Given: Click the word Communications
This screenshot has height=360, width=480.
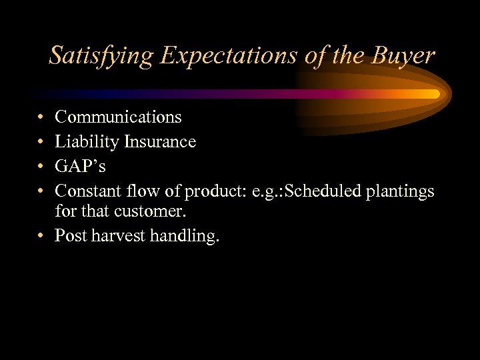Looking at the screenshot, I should pos(118,117).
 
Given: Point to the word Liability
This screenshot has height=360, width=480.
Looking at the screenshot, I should pos(85,142).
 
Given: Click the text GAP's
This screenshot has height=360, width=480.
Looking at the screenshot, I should pos(80,167).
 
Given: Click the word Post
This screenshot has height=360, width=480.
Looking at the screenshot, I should pos(71,236).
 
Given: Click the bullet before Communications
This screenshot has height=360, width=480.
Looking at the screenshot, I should pos(41,118).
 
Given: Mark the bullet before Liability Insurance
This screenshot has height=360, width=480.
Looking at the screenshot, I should pos(41,143).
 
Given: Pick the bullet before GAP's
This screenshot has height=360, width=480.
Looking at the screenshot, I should pos(41,167).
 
